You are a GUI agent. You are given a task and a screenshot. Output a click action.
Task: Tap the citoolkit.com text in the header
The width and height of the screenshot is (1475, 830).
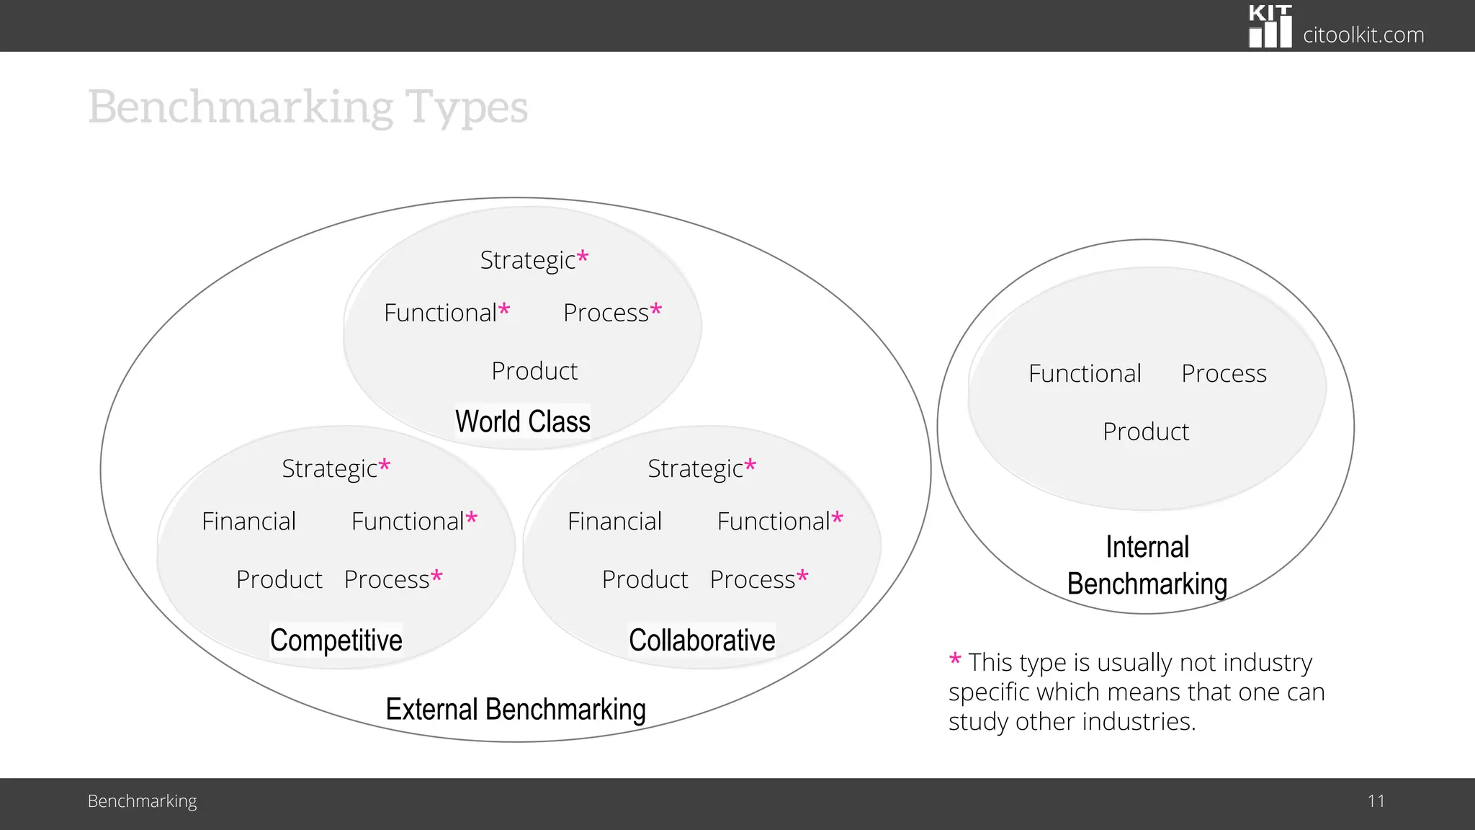1363,35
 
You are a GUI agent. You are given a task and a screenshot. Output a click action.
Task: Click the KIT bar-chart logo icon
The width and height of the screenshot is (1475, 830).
1270,27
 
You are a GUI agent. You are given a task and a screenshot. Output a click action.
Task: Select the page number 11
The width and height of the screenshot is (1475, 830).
1376,800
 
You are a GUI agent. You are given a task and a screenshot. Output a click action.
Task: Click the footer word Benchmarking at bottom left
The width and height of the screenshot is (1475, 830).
142,800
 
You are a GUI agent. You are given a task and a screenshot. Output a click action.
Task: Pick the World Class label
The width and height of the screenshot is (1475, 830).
522,421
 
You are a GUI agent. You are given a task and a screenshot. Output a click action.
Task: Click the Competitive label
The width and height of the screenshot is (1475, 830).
336,640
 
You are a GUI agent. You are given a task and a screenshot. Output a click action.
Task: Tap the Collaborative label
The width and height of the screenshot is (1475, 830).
701,640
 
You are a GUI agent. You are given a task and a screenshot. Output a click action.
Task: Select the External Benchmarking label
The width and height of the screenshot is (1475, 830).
516,709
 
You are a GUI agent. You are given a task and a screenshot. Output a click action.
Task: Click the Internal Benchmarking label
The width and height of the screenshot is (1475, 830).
1147,566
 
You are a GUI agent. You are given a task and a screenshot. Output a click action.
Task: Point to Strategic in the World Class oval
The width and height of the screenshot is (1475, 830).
528,260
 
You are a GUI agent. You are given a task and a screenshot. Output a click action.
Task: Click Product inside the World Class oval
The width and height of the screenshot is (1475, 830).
534,371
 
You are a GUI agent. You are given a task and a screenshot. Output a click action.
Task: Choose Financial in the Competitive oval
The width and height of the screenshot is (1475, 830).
248,521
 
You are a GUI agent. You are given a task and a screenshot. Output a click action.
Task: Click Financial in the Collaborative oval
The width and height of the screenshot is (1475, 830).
614,521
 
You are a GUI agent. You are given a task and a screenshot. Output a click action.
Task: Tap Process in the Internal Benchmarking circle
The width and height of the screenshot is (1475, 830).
1224,373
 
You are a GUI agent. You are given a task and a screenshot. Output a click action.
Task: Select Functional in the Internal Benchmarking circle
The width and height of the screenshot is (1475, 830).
1085,373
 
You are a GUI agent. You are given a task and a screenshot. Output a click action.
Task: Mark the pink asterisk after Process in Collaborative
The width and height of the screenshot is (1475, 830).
802,576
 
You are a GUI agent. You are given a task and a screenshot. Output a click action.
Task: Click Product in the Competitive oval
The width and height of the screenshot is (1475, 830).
279,579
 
